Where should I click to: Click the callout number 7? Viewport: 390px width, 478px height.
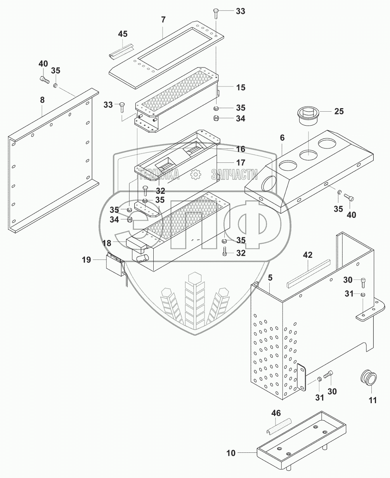(163, 20)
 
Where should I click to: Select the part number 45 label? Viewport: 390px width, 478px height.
(123, 34)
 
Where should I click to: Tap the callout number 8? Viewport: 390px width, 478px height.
(42, 100)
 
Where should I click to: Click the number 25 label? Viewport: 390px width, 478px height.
(339, 112)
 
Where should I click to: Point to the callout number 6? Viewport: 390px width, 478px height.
(282, 138)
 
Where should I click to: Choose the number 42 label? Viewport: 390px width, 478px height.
(308, 255)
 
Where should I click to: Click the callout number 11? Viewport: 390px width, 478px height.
(373, 400)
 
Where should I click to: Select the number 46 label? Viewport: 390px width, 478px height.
(276, 413)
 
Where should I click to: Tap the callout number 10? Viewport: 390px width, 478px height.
(231, 453)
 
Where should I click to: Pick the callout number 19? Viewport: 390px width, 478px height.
(86, 260)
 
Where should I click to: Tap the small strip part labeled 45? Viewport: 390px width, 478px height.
(122, 50)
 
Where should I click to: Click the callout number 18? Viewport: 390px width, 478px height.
(107, 243)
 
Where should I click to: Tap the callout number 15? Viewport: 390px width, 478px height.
(241, 88)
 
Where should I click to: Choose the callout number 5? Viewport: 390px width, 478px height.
(270, 278)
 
